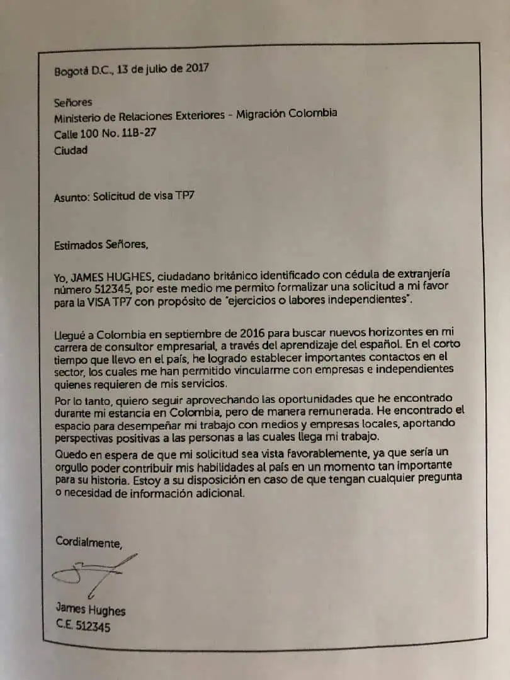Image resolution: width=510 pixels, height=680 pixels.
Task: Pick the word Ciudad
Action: click(x=71, y=150)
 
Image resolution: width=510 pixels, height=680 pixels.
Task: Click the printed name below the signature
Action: click(x=91, y=609)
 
